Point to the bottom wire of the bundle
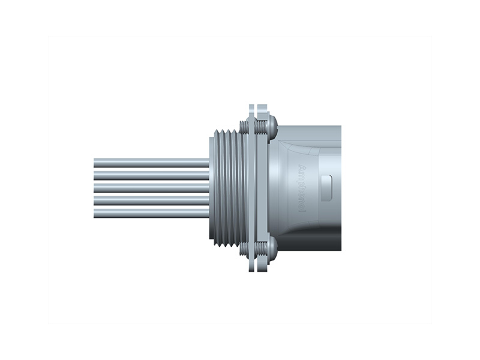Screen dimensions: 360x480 (x=150, y=211)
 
